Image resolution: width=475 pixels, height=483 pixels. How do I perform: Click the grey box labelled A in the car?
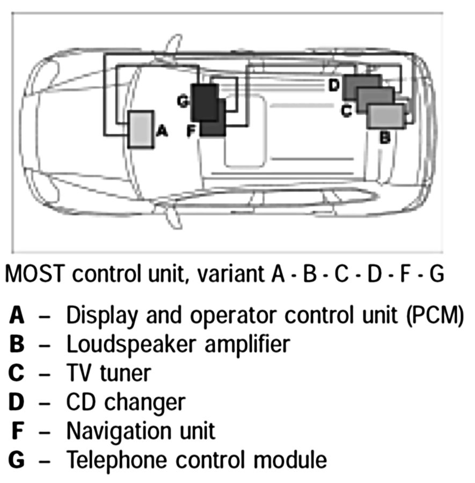pyautogui.click(x=141, y=129)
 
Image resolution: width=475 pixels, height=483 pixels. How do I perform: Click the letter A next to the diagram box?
pyautogui.click(x=162, y=130)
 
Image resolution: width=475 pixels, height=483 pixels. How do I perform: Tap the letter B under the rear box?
pyautogui.click(x=385, y=137)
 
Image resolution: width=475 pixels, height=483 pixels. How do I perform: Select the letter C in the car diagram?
pyautogui.click(x=347, y=111)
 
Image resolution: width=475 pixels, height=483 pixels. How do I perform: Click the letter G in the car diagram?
pyautogui.click(x=183, y=101)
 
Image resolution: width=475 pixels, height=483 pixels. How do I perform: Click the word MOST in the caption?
pyautogui.click(x=35, y=274)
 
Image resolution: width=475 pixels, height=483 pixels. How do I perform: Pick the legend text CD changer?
pyautogui.click(x=126, y=401)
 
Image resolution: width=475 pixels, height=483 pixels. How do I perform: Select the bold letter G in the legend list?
pyautogui.click(x=18, y=459)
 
